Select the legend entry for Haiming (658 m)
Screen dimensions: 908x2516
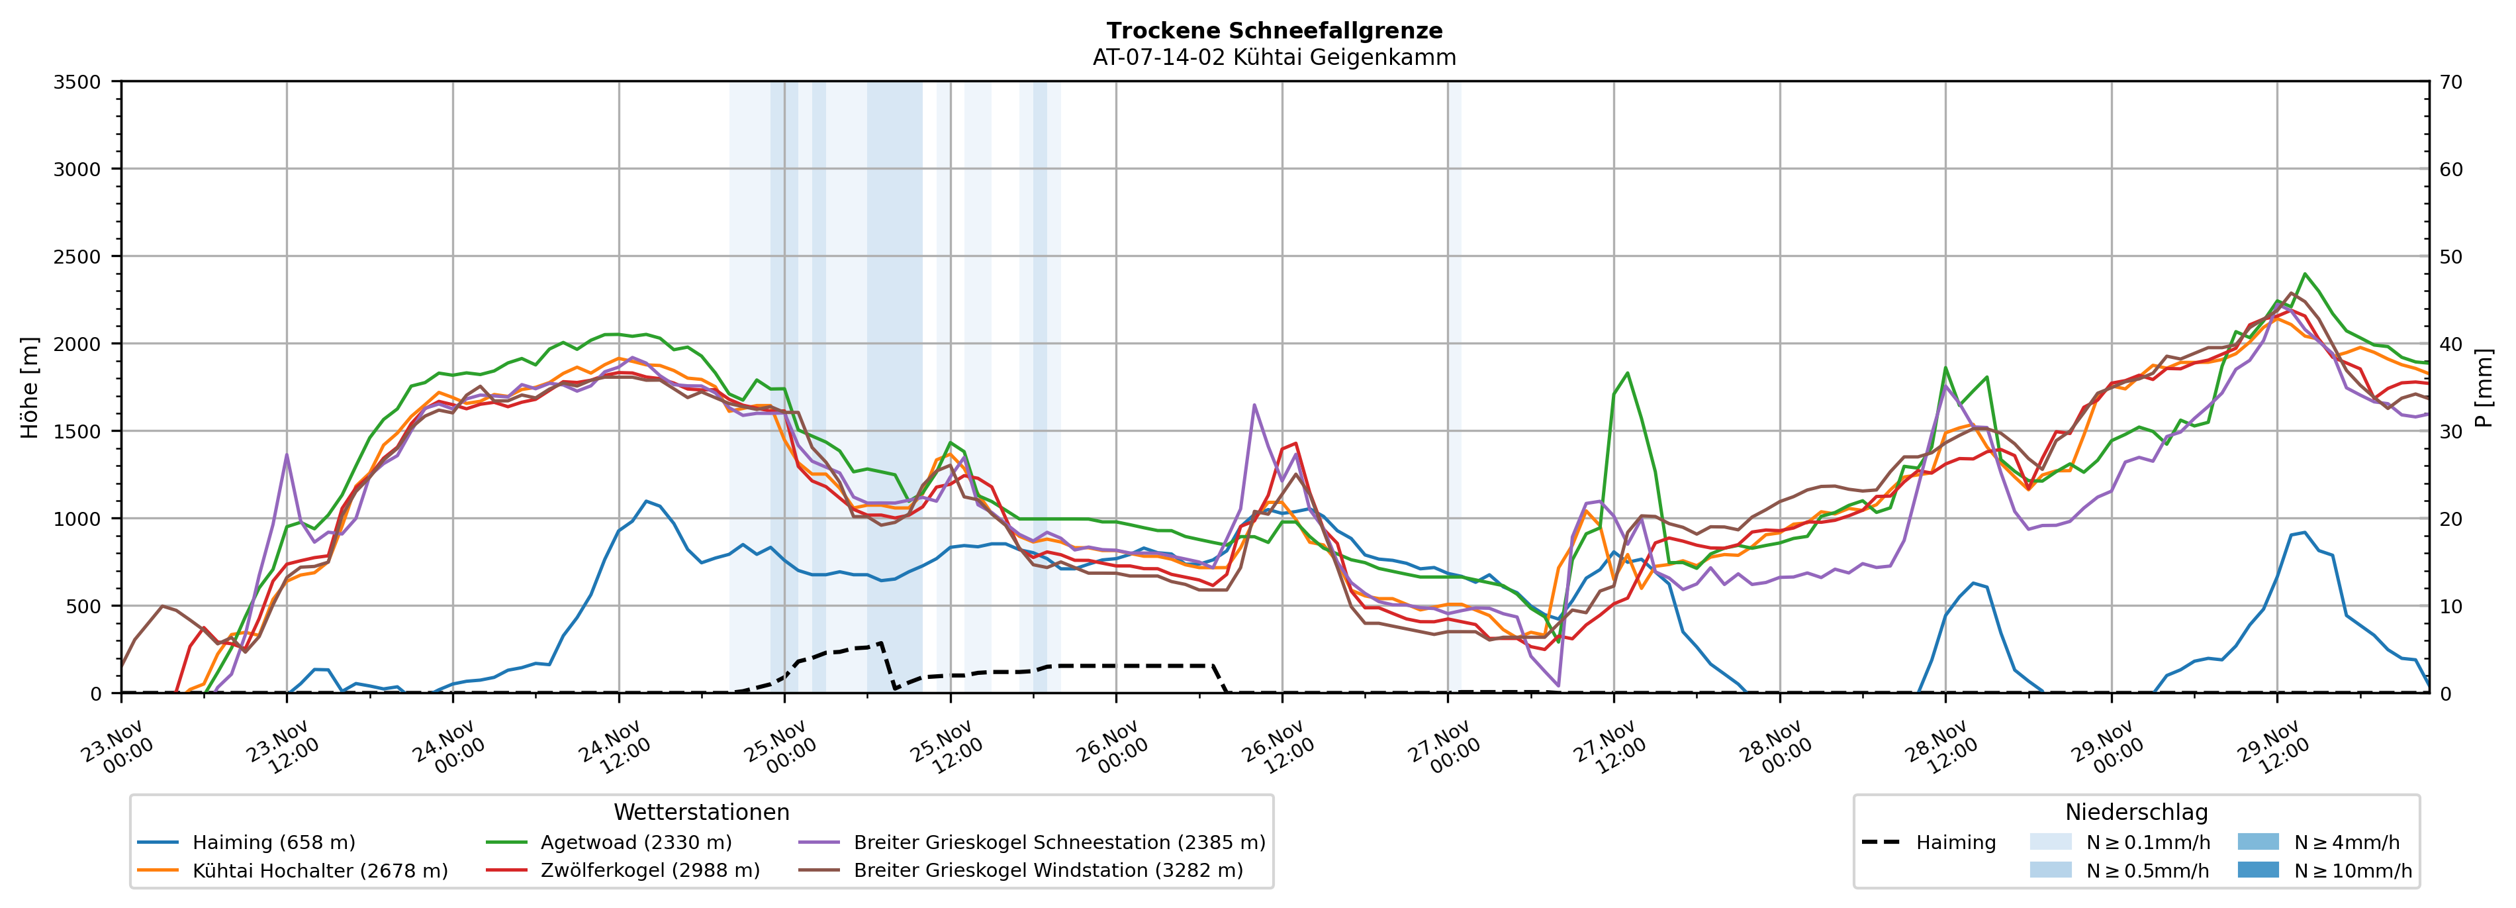click(273, 842)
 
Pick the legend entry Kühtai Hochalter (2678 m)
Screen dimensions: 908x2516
click(320, 871)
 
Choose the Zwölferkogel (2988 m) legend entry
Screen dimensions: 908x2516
click(649, 871)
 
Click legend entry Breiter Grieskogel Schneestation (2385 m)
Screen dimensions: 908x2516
click(1058, 842)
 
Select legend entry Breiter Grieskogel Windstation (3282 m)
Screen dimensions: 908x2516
click(1048, 871)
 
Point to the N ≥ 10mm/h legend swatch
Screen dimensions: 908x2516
click(2258, 870)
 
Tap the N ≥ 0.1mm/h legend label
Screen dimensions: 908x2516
click(2147, 842)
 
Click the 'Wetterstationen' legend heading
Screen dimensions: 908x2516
click(701, 812)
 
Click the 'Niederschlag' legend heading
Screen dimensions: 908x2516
click(2136, 812)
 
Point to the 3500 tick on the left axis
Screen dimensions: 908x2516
click(77, 82)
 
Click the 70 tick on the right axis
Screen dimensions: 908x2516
click(2450, 82)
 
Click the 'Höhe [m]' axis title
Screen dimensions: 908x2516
click(30, 388)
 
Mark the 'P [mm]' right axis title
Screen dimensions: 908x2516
click(2484, 388)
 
